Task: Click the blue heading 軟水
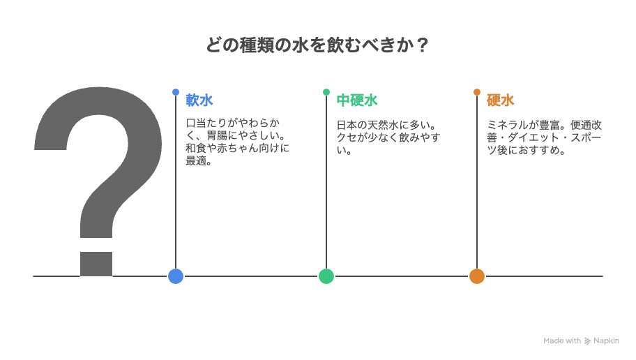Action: (199, 100)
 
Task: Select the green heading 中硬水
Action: (357, 100)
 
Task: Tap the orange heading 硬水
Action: (501, 100)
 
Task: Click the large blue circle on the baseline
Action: (176, 276)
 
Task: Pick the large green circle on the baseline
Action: (326, 276)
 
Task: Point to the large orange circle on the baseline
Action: (477, 276)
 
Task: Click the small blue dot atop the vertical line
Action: (176, 92)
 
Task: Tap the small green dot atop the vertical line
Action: (326, 92)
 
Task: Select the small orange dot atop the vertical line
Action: (477, 92)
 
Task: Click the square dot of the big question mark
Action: (96, 264)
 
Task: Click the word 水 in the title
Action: (301, 45)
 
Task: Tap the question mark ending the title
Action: (422, 45)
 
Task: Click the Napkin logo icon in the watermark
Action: (588, 341)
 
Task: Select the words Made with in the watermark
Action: (562, 341)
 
